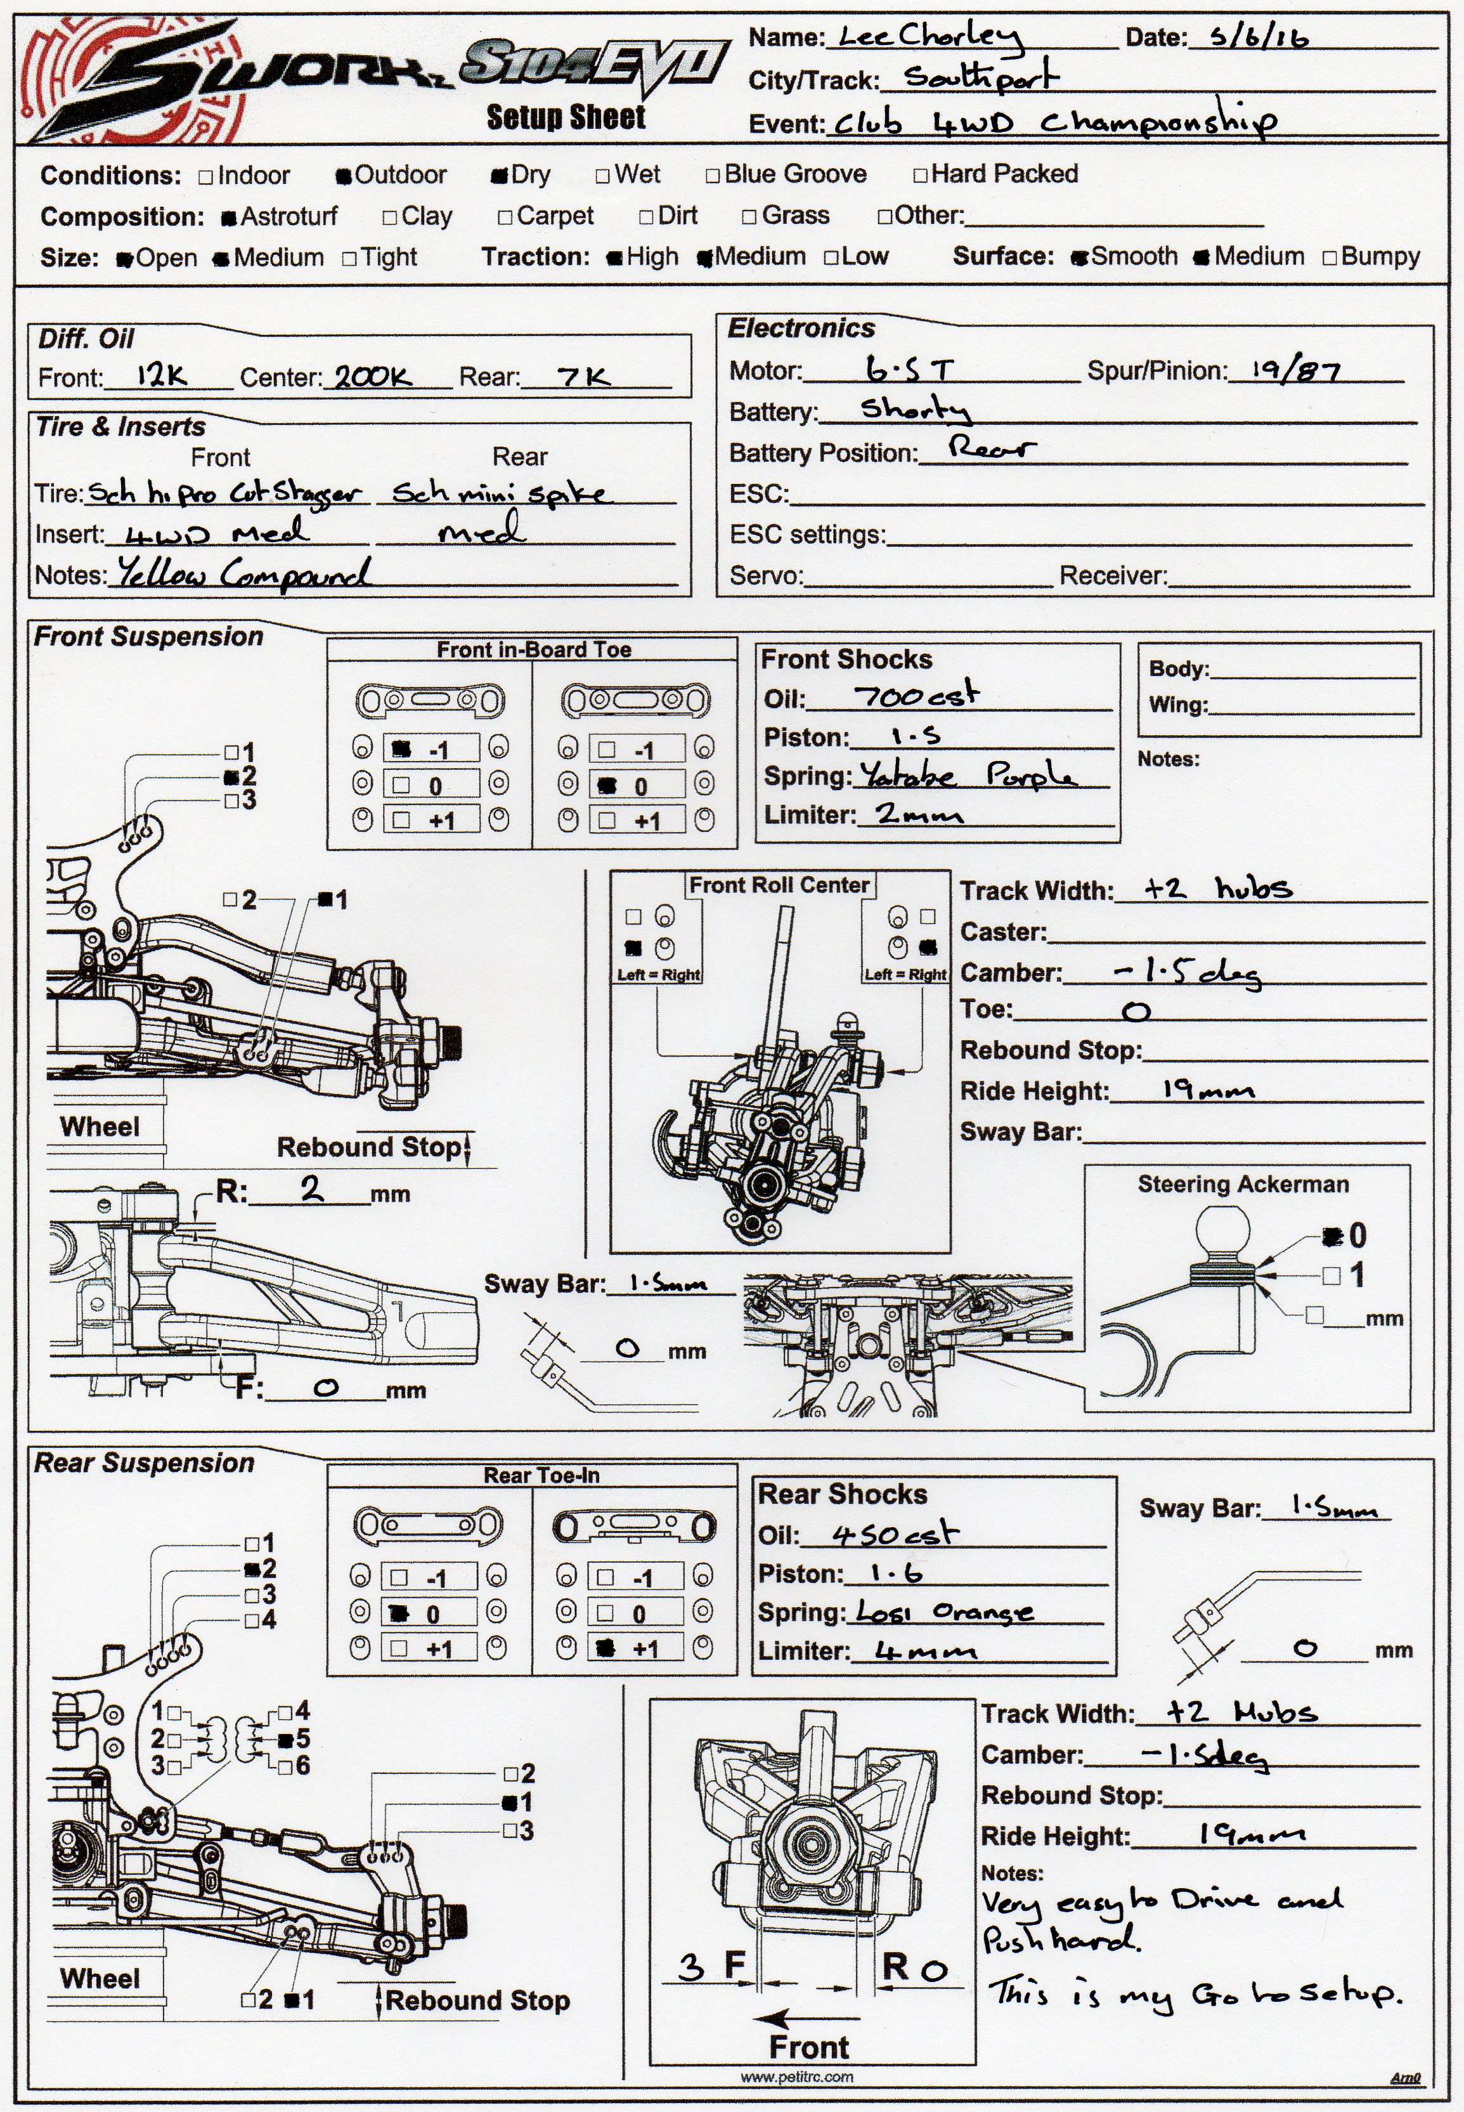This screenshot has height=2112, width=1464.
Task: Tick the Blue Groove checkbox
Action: point(713,175)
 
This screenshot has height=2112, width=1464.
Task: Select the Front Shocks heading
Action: point(846,660)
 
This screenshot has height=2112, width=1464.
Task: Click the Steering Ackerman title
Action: point(1243,1185)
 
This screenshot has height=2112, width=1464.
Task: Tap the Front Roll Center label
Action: point(779,885)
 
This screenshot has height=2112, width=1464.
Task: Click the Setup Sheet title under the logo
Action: point(566,117)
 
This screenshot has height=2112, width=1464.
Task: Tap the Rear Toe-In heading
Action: point(541,1475)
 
